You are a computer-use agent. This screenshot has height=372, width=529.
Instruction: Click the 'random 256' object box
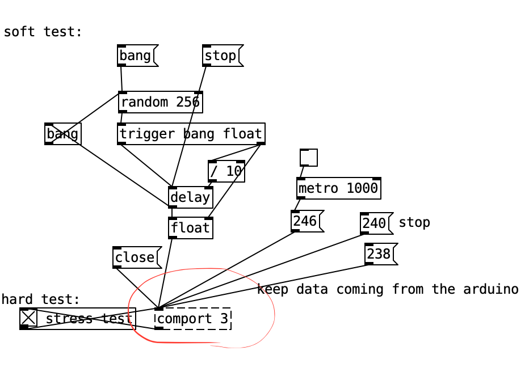pyautogui.click(x=161, y=102)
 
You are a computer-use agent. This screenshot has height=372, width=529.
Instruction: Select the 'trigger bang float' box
pyautogui.click(x=191, y=134)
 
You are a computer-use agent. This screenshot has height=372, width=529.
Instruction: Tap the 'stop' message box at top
pyautogui.click(x=221, y=56)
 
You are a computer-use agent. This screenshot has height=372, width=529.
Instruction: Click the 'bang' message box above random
pyautogui.click(x=136, y=56)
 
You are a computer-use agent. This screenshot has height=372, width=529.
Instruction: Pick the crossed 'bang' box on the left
pyautogui.click(x=62, y=134)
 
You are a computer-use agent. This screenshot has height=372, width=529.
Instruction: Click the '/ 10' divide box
pyautogui.click(x=226, y=171)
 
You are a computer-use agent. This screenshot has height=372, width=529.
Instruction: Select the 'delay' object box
pyautogui.click(x=190, y=197)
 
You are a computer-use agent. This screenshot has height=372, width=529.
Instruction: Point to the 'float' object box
pyautogui.click(x=190, y=228)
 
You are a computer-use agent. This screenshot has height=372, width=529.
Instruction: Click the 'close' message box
pyautogui.click(x=136, y=257)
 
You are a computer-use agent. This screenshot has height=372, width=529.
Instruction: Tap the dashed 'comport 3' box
pyautogui.click(x=193, y=319)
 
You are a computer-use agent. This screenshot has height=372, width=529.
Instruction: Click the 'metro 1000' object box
pyautogui.click(x=338, y=188)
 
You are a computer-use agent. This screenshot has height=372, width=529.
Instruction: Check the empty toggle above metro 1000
pyautogui.click(x=309, y=158)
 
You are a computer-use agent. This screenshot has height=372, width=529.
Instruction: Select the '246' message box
pyautogui.click(x=305, y=221)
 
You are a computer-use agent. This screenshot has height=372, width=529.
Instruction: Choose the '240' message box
pyautogui.click(x=375, y=223)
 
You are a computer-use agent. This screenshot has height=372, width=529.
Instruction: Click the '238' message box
pyautogui.click(x=379, y=254)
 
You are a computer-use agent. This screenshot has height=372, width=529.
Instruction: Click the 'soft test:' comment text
pyautogui.click(x=43, y=32)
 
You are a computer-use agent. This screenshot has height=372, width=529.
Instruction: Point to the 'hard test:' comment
pyautogui.click(x=41, y=299)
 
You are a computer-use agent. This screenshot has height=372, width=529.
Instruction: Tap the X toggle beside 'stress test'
pyautogui.click(x=28, y=318)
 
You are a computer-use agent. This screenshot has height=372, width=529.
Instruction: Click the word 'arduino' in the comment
pyautogui.click(x=490, y=289)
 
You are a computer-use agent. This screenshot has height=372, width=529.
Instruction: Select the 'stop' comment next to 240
pyautogui.click(x=414, y=222)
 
